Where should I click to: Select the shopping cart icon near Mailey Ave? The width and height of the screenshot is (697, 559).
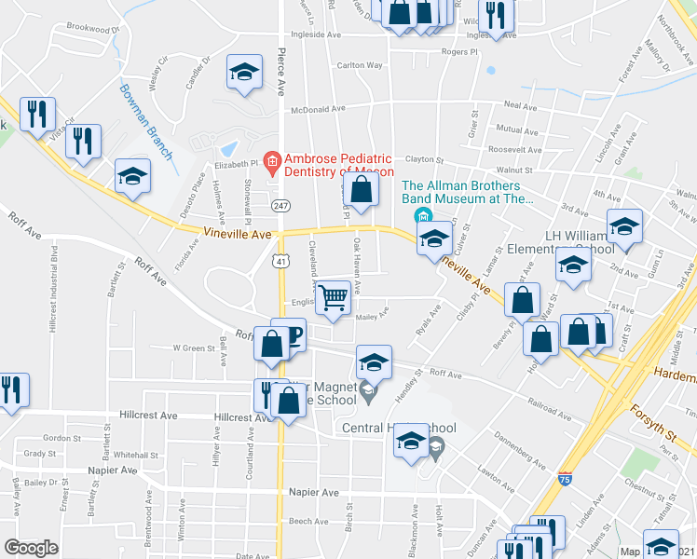point(333,299)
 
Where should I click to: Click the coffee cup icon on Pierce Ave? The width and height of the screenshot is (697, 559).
point(289,335)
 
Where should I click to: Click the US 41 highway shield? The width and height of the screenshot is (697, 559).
point(280,262)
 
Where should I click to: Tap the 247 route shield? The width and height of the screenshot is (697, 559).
point(279,204)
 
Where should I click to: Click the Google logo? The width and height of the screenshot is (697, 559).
point(32,547)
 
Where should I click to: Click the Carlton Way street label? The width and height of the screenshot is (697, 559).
point(360,65)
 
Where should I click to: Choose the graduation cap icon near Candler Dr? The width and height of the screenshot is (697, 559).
point(243,72)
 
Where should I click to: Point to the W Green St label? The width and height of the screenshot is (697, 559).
point(194,348)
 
